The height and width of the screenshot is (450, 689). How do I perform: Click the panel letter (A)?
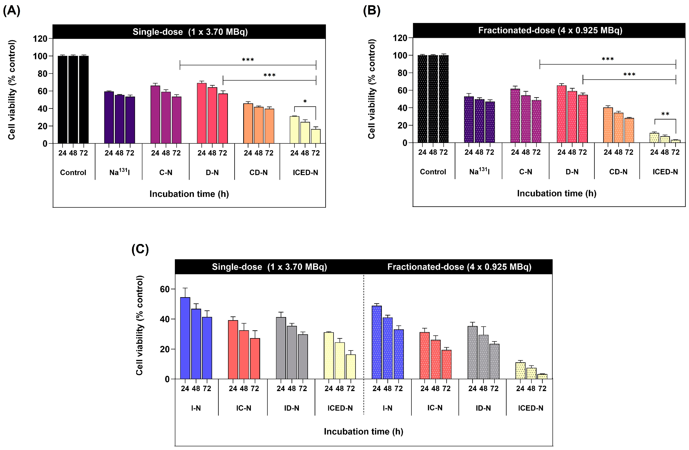(x=12, y=11)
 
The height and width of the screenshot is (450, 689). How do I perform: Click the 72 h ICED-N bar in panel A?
(x=316, y=136)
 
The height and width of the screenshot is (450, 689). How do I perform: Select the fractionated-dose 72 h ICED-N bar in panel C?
(x=542, y=376)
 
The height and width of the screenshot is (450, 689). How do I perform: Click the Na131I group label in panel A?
(x=119, y=172)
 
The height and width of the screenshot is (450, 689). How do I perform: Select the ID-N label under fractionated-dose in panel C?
(x=483, y=408)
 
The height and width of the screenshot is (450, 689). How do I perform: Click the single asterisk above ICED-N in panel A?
(x=305, y=102)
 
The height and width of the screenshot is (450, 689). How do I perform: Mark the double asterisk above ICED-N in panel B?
(x=665, y=114)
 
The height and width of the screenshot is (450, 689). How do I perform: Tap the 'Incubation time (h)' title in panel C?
(x=363, y=431)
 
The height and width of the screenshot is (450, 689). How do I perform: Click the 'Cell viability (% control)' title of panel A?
(x=12, y=90)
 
